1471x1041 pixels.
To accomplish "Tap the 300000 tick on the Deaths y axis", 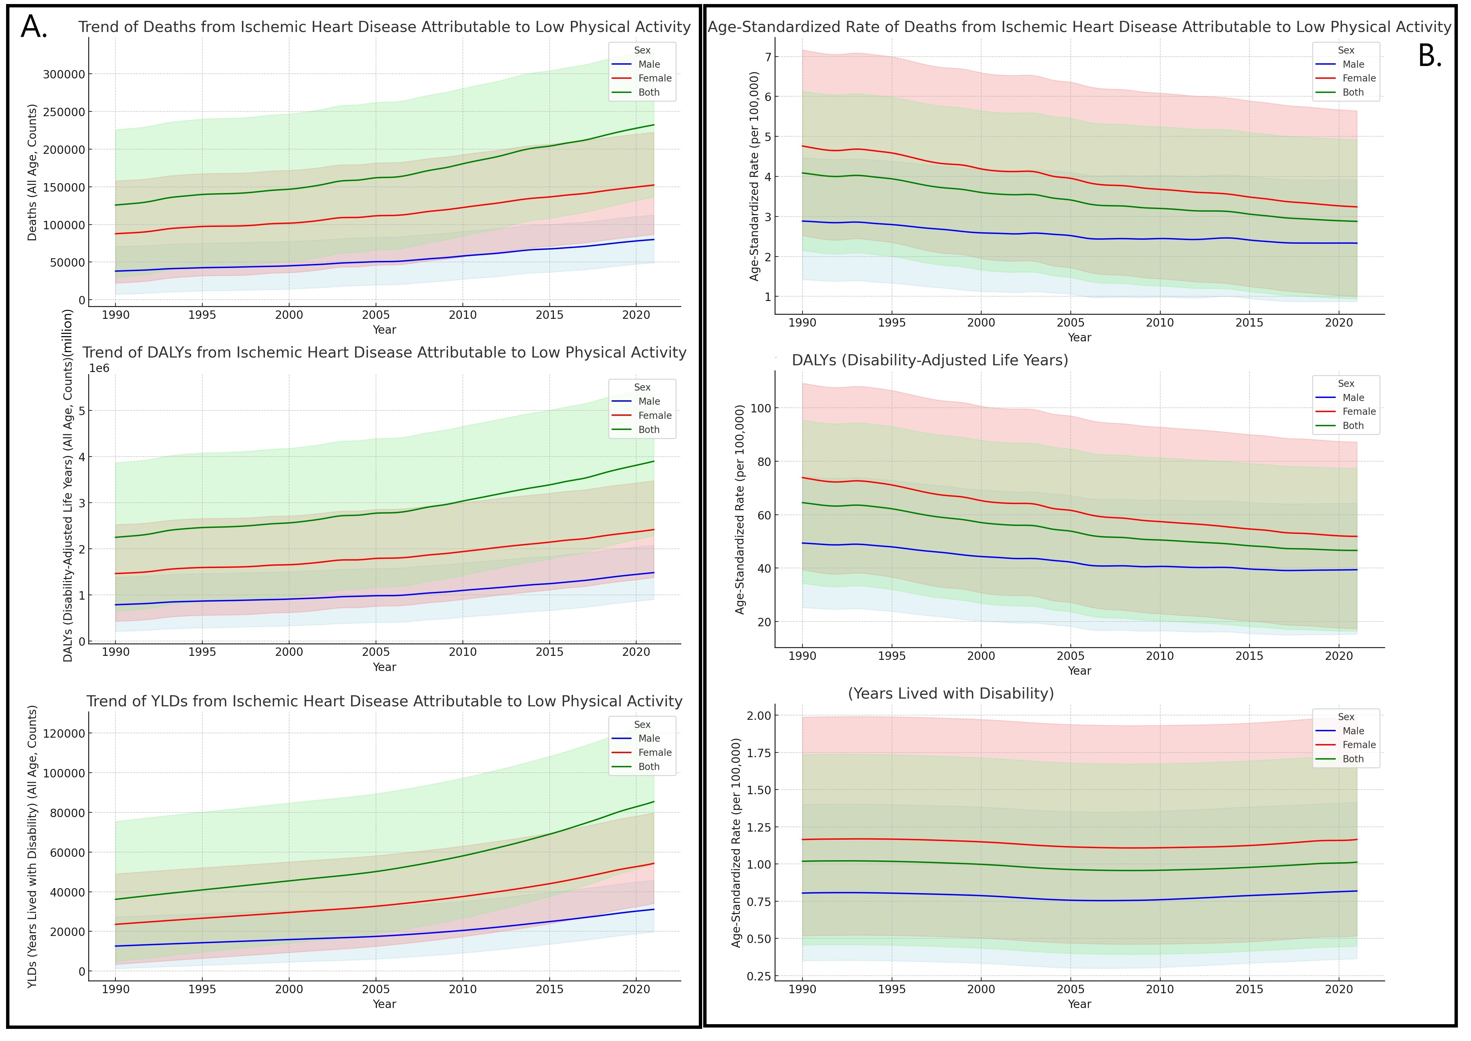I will point(64,74).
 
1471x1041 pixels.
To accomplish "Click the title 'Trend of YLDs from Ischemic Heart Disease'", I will point(384,701).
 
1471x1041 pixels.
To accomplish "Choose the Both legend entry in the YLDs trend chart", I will point(649,767).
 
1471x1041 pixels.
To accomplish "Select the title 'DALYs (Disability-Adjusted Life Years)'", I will point(929,360).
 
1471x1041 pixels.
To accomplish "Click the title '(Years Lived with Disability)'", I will point(951,694).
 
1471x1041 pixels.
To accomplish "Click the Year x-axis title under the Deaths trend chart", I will point(384,330).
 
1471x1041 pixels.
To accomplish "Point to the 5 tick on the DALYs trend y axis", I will point(81,411).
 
